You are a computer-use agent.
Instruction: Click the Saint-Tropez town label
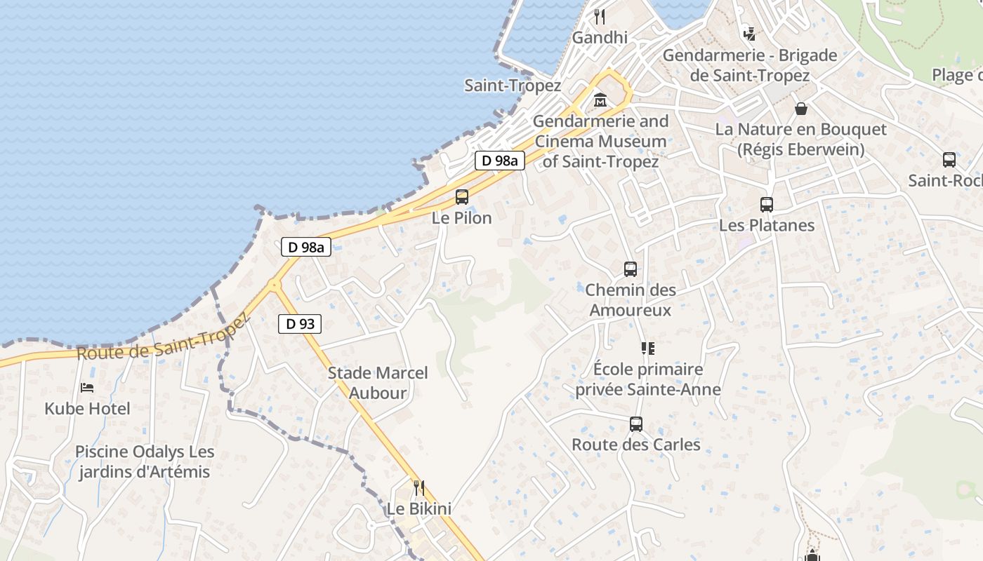coord(513,86)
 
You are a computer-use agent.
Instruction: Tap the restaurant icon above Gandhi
coord(600,16)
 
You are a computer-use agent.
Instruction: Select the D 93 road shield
coord(301,324)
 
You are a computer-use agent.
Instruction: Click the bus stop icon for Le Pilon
coord(462,197)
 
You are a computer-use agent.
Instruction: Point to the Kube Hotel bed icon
coord(87,387)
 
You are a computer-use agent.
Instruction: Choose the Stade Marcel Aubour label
coord(378,383)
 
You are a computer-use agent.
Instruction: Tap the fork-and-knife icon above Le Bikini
coord(419,487)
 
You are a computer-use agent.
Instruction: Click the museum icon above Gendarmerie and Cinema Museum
coord(600,100)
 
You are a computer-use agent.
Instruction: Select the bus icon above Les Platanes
coord(766,205)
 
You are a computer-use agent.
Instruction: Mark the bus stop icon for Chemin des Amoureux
coord(631,269)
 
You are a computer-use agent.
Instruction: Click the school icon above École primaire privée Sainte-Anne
coord(647,348)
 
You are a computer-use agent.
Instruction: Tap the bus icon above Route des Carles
coord(636,424)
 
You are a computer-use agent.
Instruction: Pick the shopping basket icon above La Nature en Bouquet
coord(800,109)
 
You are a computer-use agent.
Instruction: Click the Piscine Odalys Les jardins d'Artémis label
coord(145,462)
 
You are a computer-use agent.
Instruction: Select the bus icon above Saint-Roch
coord(949,160)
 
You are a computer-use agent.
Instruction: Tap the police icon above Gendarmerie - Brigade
coord(750,34)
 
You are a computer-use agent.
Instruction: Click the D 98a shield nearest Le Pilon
coord(500,161)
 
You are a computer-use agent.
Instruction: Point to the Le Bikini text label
coord(419,508)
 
